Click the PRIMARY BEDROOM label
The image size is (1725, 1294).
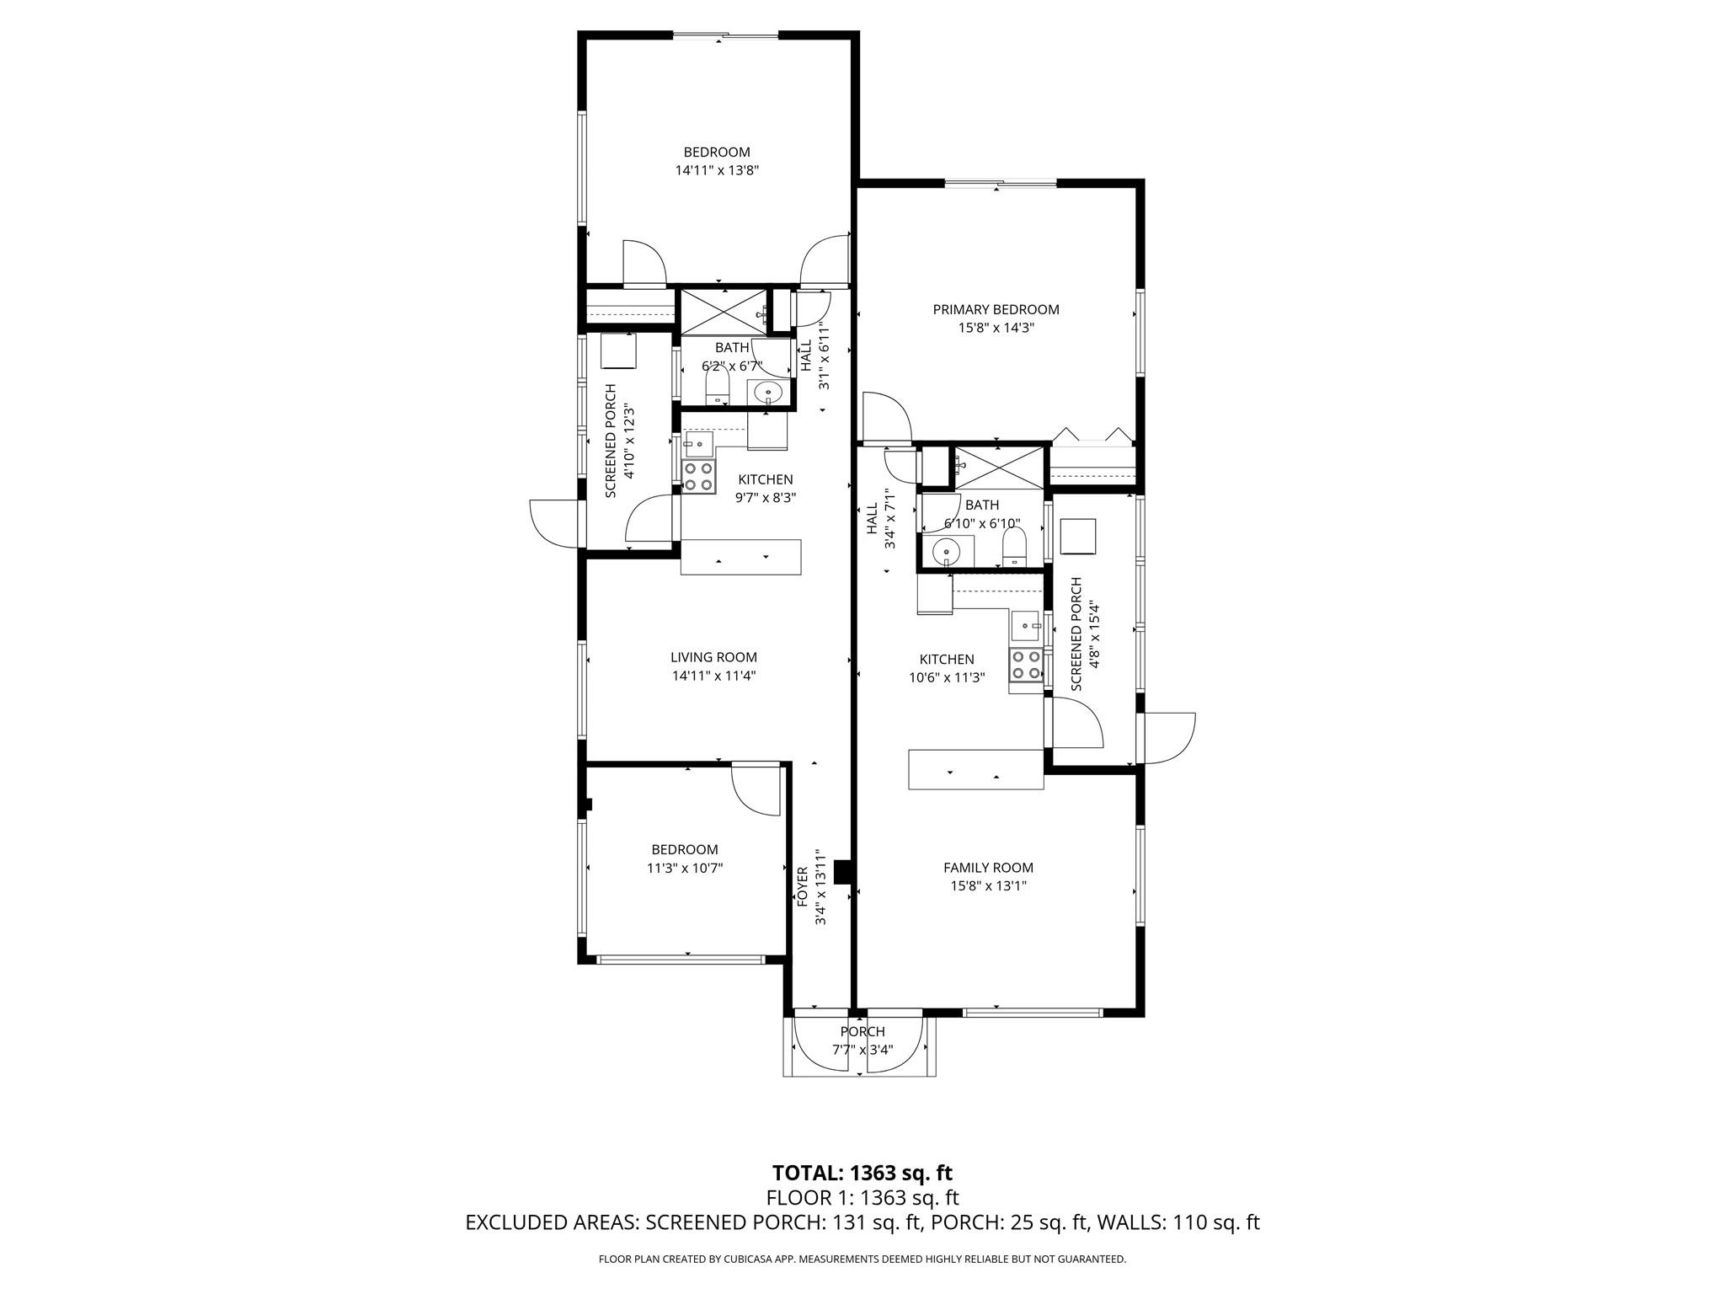point(996,309)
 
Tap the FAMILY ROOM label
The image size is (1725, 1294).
point(988,868)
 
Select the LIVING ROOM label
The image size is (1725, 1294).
point(713,657)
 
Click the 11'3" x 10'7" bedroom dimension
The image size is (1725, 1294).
point(685,868)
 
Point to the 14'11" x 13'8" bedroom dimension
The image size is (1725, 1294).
point(717,170)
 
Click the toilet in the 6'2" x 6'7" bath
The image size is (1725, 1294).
point(717,388)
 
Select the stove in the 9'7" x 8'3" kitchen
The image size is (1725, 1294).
point(699,477)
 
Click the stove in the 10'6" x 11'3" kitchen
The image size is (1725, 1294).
point(1026,665)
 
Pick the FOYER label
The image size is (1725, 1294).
point(803,886)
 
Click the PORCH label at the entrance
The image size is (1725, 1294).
point(862,1031)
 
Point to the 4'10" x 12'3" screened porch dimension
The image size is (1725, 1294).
point(629,441)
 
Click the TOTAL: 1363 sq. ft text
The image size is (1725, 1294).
point(862,1173)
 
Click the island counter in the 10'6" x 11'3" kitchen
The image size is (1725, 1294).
point(975,769)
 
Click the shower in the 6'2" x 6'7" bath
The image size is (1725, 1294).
point(722,312)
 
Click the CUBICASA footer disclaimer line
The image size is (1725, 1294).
point(862,1259)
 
